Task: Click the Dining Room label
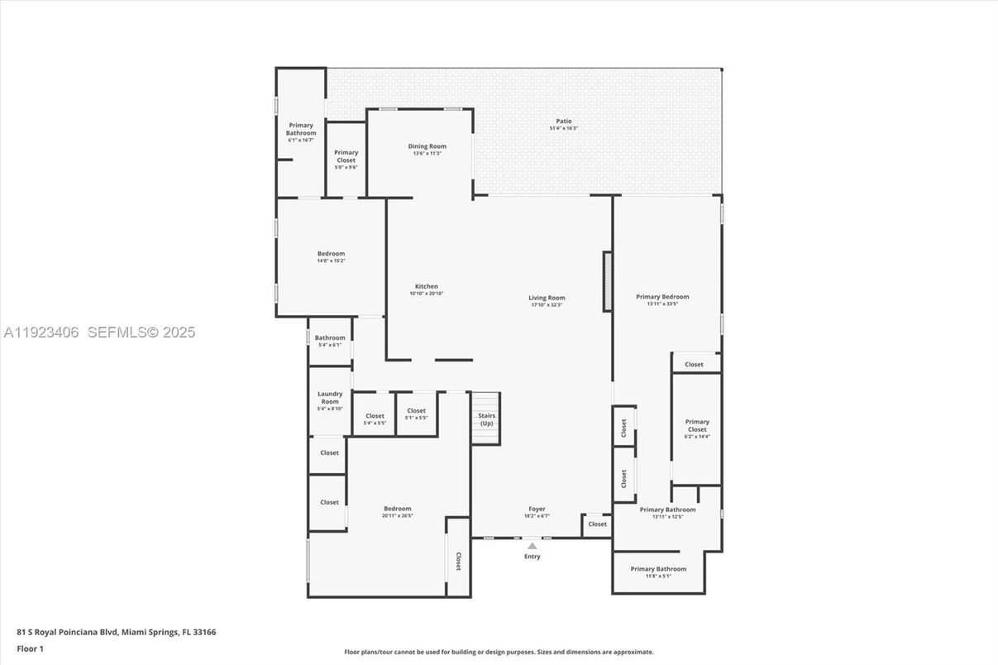[x=427, y=146]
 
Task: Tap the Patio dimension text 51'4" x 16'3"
[x=563, y=128]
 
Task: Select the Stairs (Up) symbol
[x=486, y=419]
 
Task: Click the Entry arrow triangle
[x=532, y=545]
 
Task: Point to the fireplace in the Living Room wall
[x=608, y=281]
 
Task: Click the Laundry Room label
[x=330, y=398]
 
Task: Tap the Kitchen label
[x=427, y=286]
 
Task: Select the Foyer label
[x=537, y=509]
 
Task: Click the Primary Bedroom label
[x=662, y=296]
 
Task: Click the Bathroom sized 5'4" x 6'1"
[x=330, y=341]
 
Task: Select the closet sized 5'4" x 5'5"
[x=375, y=419]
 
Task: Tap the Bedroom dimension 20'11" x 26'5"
[x=397, y=515]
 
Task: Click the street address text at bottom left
[x=117, y=632]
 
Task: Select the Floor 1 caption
[x=30, y=648]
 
